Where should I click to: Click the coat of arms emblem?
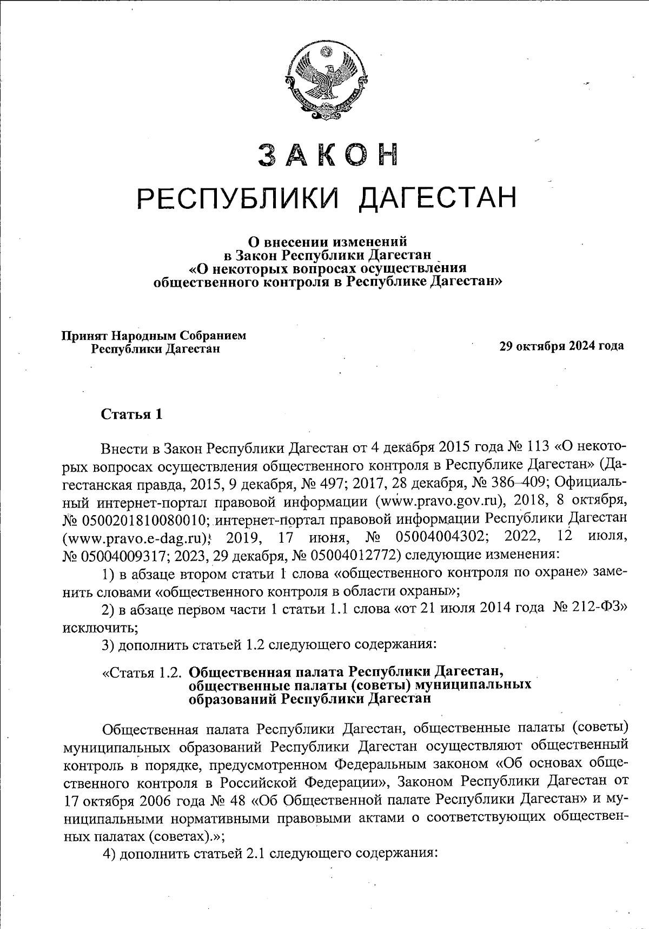point(325,83)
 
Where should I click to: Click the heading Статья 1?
point(131,414)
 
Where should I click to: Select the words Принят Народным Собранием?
point(153,335)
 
